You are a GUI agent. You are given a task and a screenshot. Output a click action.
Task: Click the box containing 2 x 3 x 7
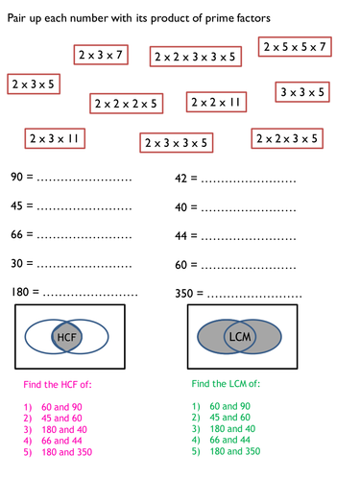[101, 55]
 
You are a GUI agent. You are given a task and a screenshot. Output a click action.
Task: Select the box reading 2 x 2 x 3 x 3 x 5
[196, 57]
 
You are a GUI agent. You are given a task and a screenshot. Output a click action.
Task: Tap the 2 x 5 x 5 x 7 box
[295, 47]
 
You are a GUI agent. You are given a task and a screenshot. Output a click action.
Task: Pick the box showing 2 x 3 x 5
[34, 84]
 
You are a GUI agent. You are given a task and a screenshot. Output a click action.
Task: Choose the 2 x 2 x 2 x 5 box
[127, 104]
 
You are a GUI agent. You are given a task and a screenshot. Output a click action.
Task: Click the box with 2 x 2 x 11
[216, 102]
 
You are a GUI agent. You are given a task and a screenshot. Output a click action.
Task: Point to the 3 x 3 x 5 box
[302, 92]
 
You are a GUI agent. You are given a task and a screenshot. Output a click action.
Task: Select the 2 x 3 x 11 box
[55, 138]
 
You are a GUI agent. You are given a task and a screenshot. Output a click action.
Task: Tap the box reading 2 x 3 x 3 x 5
[177, 143]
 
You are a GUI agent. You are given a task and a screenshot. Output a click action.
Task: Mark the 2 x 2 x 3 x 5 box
[287, 138]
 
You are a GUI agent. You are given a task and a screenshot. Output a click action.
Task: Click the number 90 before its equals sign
[16, 177]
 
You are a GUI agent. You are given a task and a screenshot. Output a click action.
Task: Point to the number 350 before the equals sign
[184, 294]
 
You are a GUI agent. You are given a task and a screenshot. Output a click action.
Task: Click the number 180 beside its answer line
[20, 292]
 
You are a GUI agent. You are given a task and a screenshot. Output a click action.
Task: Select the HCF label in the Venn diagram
[66, 337]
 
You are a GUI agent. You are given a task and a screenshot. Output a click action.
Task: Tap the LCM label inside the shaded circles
[240, 337]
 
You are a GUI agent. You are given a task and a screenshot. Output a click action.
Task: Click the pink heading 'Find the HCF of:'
[58, 384]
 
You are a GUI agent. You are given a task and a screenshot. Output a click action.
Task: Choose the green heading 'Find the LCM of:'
[226, 383]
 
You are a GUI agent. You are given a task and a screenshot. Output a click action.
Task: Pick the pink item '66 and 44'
[61, 441]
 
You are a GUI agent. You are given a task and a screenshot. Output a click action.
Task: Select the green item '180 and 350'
[235, 451]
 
